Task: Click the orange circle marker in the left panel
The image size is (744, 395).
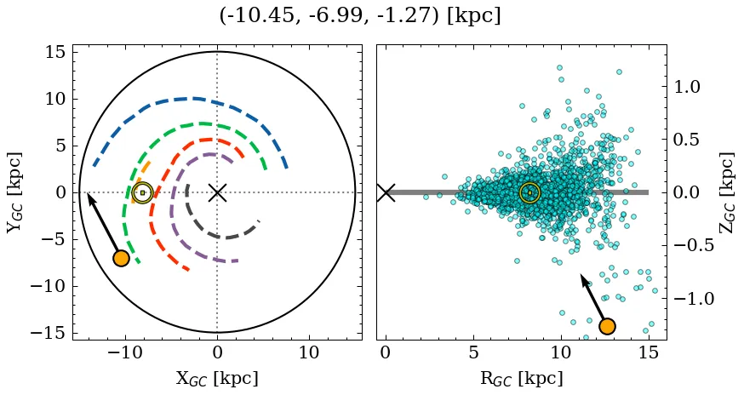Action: click(121, 258)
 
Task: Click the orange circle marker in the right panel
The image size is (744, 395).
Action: click(607, 326)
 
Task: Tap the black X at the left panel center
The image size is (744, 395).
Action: click(217, 192)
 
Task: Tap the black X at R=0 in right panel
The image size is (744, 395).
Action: click(386, 192)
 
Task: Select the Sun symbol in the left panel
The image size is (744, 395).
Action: click(142, 192)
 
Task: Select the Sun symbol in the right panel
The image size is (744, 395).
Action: click(529, 192)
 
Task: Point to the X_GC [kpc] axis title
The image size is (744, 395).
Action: click(216, 379)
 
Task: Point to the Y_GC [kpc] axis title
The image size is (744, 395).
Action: click(15, 192)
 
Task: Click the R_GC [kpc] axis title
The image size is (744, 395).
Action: click(521, 379)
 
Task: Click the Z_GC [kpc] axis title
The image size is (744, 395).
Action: click(727, 192)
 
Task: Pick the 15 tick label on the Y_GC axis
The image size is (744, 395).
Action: click(55, 52)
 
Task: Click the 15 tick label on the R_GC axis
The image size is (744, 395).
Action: click(648, 353)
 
